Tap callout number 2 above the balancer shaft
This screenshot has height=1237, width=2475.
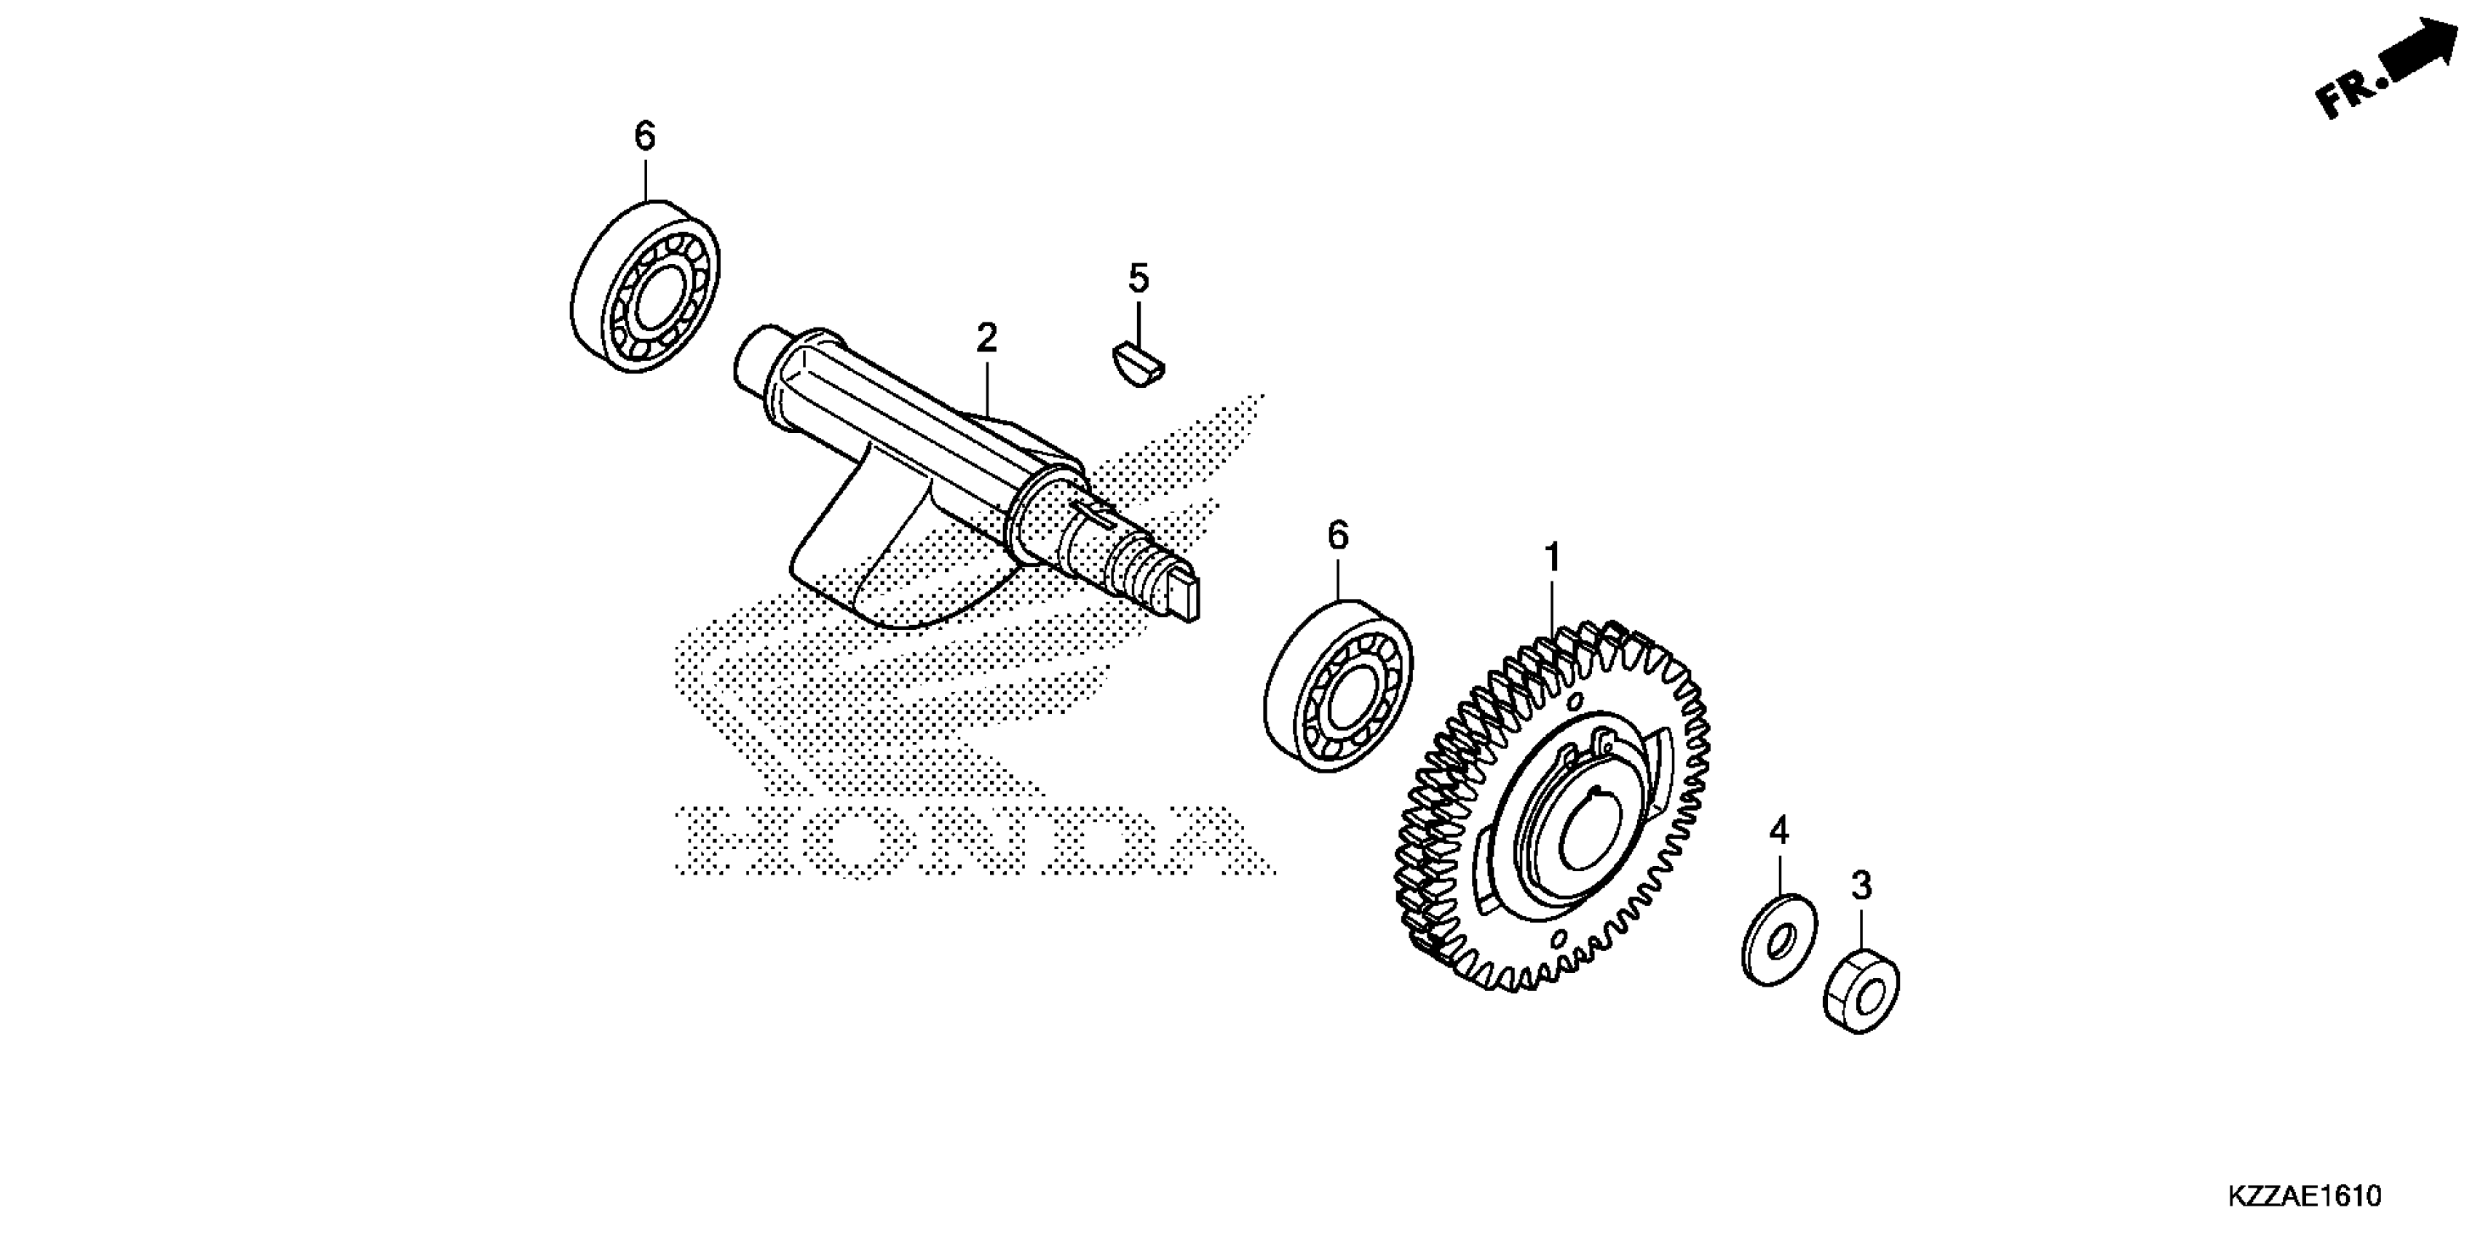987,338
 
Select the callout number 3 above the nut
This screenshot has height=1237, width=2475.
1862,886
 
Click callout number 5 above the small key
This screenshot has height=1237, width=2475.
1138,279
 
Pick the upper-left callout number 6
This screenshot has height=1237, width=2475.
645,136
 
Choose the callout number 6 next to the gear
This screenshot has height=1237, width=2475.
1339,536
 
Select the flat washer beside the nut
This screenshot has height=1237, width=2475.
1778,939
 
